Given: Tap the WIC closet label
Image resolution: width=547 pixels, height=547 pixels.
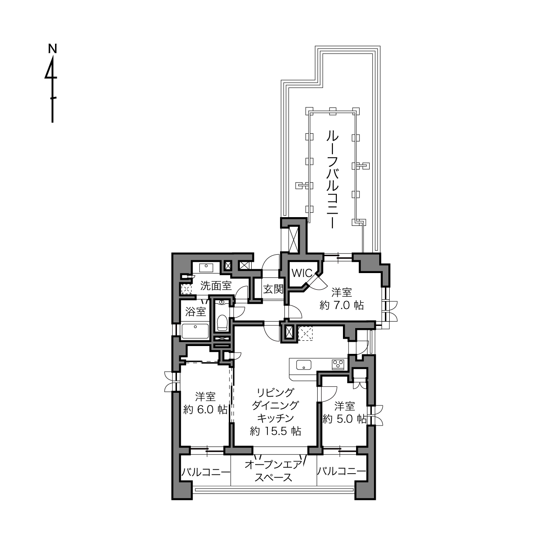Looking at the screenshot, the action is (x=302, y=273).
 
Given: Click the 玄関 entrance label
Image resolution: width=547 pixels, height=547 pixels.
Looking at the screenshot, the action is (x=273, y=289).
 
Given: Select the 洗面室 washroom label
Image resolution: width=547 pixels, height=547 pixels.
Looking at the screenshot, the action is (x=216, y=286).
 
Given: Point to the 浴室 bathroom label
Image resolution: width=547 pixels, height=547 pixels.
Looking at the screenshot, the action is (x=196, y=312).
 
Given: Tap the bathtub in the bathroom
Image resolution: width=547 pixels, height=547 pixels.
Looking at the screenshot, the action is (x=195, y=331).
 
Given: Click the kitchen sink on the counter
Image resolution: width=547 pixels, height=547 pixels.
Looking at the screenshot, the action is (x=304, y=365).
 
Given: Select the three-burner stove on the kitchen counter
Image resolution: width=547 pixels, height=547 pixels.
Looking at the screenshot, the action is (x=338, y=364).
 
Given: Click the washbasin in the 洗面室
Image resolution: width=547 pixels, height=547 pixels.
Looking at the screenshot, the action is (x=206, y=268).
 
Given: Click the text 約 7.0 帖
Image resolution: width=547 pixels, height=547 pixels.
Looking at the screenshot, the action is (x=342, y=305).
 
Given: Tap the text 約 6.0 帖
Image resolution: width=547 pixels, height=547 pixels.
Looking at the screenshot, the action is (x=205, y=410).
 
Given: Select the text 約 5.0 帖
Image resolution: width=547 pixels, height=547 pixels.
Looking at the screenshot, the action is (x=344, y=419).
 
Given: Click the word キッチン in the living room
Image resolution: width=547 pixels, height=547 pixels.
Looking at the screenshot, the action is (x=275, y=418).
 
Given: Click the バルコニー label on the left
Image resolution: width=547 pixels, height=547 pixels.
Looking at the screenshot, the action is (x=206, y=472).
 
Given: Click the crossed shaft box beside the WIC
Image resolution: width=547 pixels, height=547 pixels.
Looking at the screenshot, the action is (x=293, y=239).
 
